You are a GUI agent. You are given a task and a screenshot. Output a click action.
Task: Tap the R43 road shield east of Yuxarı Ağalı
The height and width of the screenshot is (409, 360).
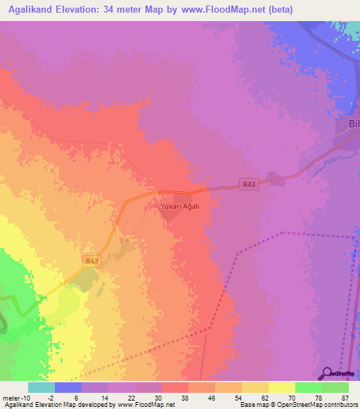click(x=247, y=185)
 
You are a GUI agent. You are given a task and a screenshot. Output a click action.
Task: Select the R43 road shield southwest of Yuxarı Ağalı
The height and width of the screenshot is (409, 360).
click(x=92, y=261)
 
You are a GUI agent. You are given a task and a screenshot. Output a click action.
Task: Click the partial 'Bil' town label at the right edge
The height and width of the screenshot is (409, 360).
click(x=354, y=124)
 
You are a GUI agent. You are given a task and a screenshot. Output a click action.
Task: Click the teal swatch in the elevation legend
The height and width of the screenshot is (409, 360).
click(x=41, y=387)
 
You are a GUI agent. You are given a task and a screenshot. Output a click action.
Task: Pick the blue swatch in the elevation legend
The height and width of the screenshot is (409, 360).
click(x=67, y=387)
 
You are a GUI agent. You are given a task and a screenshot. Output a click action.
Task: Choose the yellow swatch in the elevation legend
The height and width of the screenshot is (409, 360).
click(x=281, y=387)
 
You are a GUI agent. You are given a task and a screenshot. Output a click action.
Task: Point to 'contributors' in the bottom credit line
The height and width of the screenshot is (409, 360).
click(x=340, y=405)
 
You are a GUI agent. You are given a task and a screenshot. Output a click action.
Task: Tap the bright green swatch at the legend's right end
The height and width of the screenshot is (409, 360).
click(x=335, y=387)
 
